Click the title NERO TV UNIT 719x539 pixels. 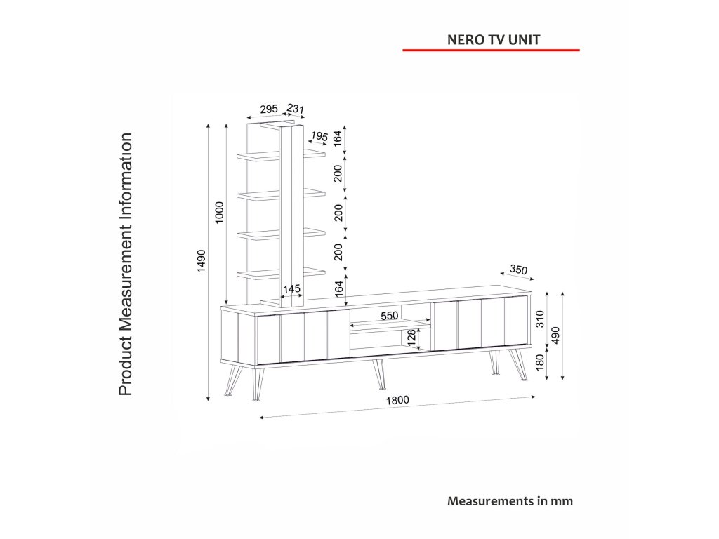tap(494, 39)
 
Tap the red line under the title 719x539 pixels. tap(491, 51)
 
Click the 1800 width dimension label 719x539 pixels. tap(397, 401)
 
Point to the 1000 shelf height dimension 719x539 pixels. tap(219, 213)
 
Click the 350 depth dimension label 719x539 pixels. tap(518, 269)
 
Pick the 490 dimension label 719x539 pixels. tap(555, 335)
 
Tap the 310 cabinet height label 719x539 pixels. tap(540, 320)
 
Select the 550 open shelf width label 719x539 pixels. tap(390, 316)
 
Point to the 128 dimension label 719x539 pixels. tap(411, 339)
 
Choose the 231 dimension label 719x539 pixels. tap(295, 109)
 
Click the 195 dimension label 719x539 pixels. tap(319, 136)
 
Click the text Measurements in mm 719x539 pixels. tap(510, 501)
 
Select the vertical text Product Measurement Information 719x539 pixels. tap(126, 264)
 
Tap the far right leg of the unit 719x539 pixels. tap(521, 365)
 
